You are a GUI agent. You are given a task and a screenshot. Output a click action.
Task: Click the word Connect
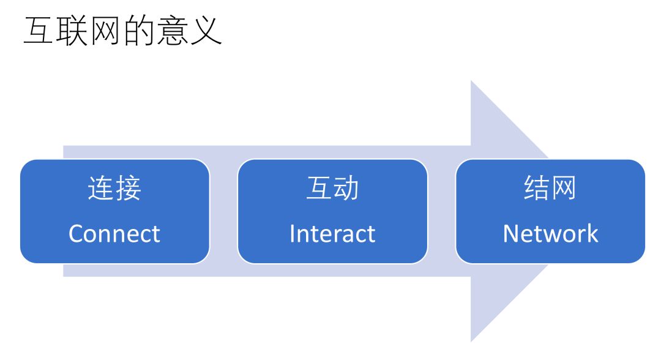[114, 234]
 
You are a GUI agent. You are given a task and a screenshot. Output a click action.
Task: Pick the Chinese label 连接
[114, 188]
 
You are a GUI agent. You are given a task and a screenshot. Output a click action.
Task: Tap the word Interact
[332, 234]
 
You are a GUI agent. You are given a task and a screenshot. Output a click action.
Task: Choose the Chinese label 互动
[332, 188]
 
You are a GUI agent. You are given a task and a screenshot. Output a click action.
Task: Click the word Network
[550, 234]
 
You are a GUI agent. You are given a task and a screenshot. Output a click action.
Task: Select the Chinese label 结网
[550, 188]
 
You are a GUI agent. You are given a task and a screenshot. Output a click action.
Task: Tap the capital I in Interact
[292, 233]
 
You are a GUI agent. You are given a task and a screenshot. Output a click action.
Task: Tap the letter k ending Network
[592, 233]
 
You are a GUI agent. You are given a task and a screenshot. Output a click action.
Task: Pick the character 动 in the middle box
[346, 188]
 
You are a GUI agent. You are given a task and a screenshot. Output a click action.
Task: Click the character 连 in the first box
[100, 188]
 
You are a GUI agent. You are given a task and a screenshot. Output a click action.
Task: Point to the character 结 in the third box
[537, 188]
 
